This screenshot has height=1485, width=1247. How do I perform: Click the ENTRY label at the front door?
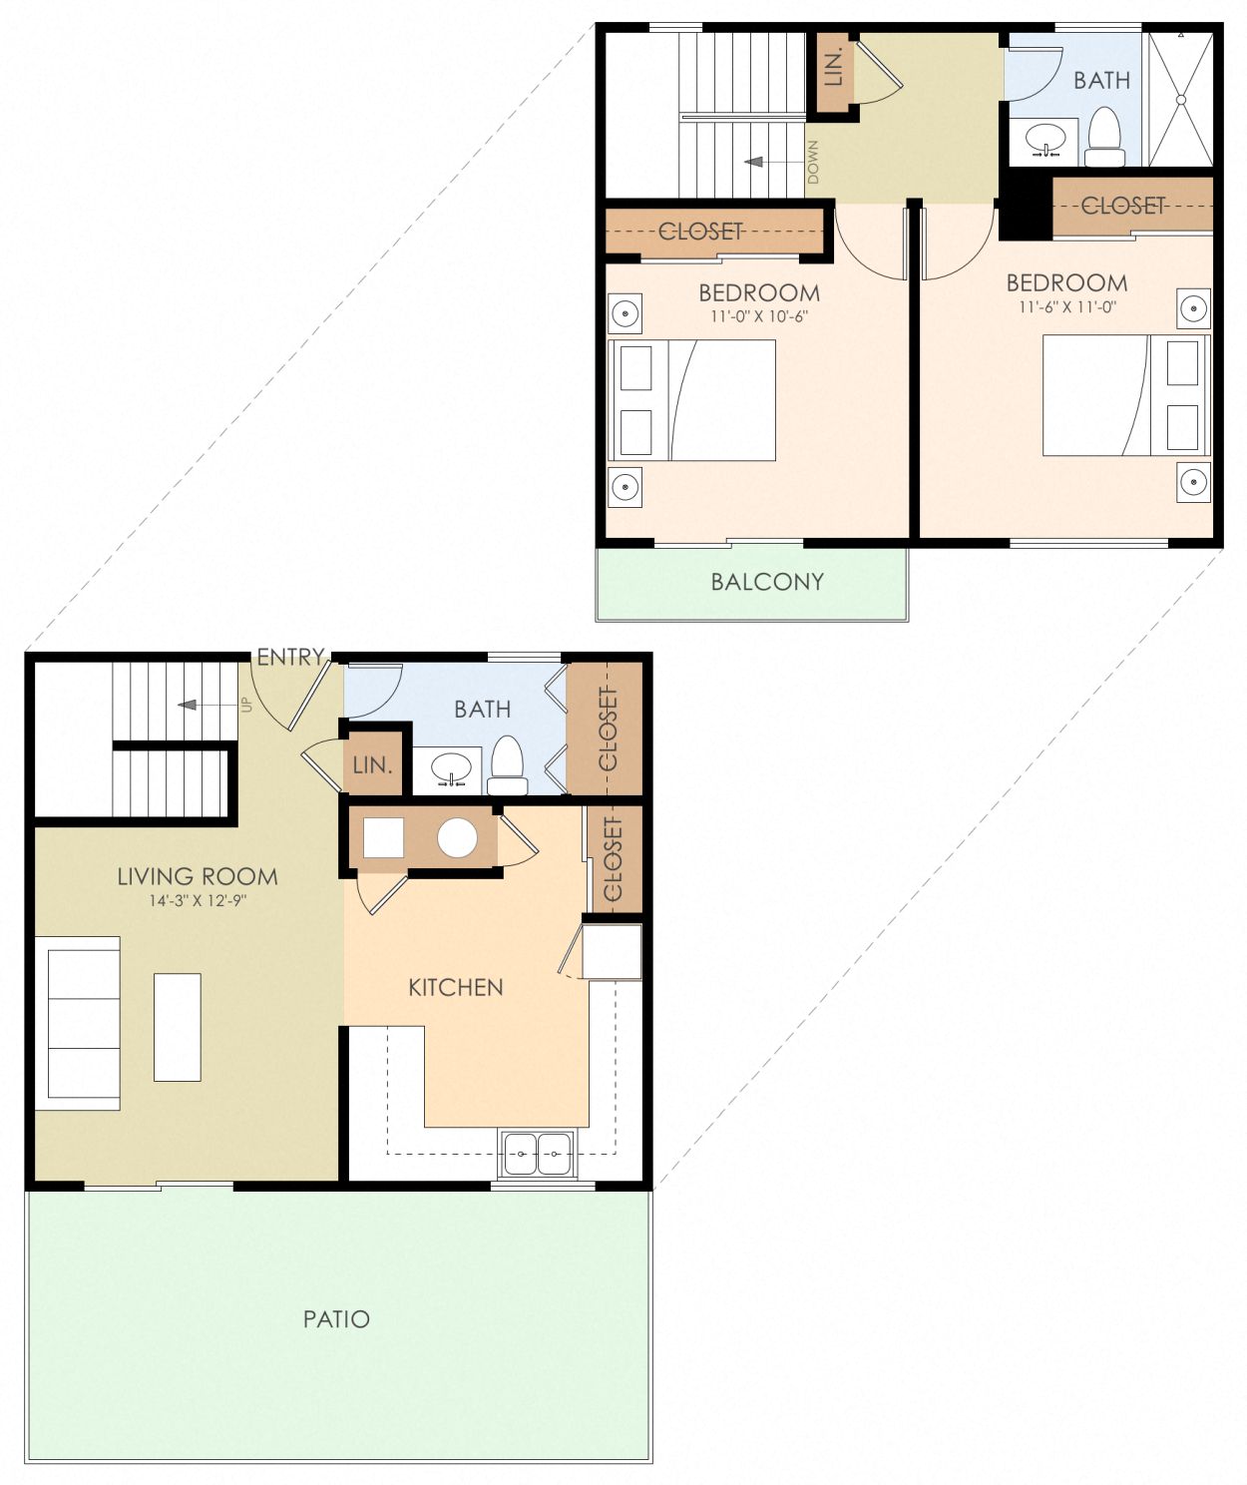tap(290, 657)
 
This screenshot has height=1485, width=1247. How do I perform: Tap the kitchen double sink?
tap(538, 1154)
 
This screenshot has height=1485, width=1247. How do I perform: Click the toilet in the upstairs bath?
tap(1104, 138)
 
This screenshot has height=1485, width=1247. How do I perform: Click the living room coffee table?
tap(178, 1027)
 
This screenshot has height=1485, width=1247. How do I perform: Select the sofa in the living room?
tap(80, 1023)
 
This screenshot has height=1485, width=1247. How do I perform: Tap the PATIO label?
tap(336, 1319)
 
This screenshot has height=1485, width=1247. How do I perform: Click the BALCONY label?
tap(767, 582)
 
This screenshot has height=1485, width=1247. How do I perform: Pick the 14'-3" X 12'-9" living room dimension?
tap(198, 901)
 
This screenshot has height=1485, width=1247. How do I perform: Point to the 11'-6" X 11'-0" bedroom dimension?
tap(1066, 307)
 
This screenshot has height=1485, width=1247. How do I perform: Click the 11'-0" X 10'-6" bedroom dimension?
tap(758, 317)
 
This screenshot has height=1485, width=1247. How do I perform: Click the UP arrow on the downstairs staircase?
tap(200, 706)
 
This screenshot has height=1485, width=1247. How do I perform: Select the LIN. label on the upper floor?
tap(835, 66)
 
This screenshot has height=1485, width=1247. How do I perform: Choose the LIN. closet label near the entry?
tap(372, 765)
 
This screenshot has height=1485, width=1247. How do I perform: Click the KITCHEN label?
tap(456, 988)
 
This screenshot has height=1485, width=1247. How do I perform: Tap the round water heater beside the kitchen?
tap(457, 838)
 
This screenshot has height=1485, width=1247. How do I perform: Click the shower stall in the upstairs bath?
tap(1180, 100)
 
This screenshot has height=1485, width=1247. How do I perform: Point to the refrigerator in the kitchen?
tap(612, 952)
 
